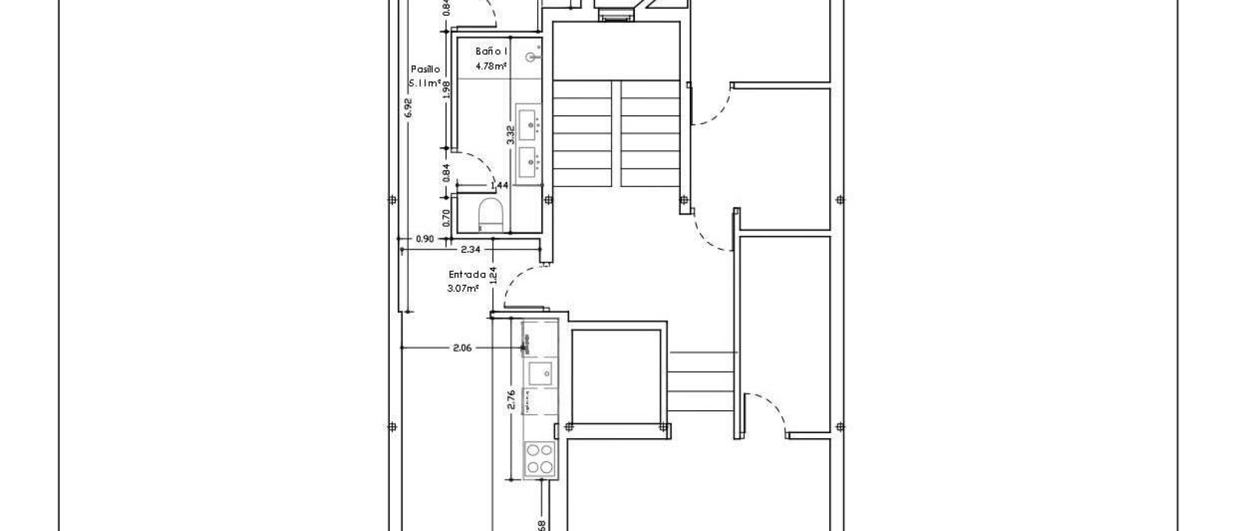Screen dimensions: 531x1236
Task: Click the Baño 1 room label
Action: [x=491, y=52]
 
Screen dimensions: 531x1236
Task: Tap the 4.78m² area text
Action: [x=491, y=66]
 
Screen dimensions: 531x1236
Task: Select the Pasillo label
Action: [x=425, y=69]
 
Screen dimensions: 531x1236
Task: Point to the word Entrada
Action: [x=467, y=275]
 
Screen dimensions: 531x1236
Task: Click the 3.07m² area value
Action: [x=463, y=288]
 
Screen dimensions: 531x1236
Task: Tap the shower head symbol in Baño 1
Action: [x=531, y=57]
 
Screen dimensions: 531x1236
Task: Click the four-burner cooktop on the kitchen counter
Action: [x=540, y=458]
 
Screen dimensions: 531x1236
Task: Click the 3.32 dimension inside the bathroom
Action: [x=511, y=134]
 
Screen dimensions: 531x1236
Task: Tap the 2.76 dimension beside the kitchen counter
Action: [x=511, y=400]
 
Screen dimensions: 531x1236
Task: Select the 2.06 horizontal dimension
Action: [x=462, y=348]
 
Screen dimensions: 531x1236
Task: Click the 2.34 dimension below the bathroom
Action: [x=470, y=249]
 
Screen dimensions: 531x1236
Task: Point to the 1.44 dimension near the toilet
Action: [x=500, y=186]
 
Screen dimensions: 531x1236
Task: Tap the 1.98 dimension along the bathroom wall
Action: [x=447, y=89]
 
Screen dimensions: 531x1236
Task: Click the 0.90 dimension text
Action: [x=425, y=239]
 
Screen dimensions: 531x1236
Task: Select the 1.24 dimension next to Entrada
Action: [x=493, y=275]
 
